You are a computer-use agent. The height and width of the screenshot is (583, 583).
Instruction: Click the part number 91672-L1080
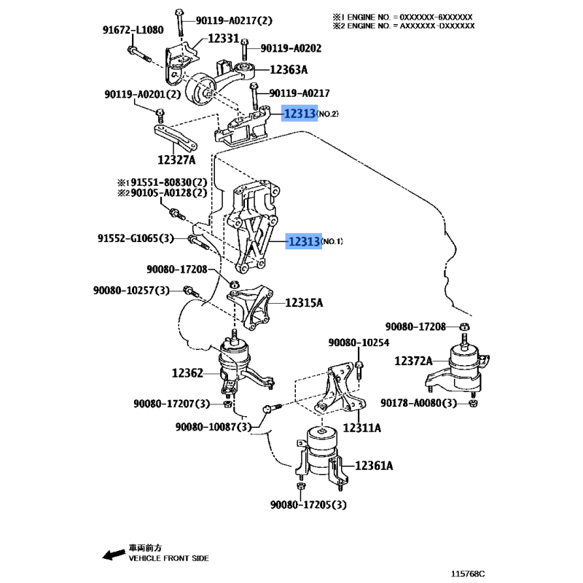[133, 30]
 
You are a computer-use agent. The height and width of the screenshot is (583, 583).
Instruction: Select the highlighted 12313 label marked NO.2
[300, 113]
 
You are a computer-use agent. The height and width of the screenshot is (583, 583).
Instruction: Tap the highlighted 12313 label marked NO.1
[304, 241]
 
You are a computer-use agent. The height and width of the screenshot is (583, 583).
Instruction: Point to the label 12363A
[289, 69]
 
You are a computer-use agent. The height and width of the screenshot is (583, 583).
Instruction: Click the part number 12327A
[176, 160]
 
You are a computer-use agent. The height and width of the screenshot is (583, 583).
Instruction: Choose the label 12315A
[304, 303]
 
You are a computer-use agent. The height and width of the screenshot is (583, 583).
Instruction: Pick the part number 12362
[187, 373]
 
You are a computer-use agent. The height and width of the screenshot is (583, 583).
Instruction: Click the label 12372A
[413, 361]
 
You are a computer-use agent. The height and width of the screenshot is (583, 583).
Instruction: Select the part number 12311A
[361, 428]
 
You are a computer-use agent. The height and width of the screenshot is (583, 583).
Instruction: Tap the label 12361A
[374, 466]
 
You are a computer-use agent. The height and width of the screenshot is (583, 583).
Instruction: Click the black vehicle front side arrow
[114, 555]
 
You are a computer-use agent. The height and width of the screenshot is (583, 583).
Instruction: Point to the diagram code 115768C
[468, 574]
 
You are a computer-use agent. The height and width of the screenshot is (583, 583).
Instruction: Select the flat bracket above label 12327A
[176, 138]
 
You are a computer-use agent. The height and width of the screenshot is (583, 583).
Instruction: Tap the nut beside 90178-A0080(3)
[473, 404]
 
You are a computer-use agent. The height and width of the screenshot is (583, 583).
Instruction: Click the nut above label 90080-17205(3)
[301, 486]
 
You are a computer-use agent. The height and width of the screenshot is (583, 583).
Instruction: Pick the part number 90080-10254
[359, 343]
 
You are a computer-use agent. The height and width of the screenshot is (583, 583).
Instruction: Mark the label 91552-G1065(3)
[136, 238]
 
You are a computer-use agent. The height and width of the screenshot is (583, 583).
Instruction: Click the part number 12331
[223, 39]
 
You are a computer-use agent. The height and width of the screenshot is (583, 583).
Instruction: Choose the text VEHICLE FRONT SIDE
[169, 558]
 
